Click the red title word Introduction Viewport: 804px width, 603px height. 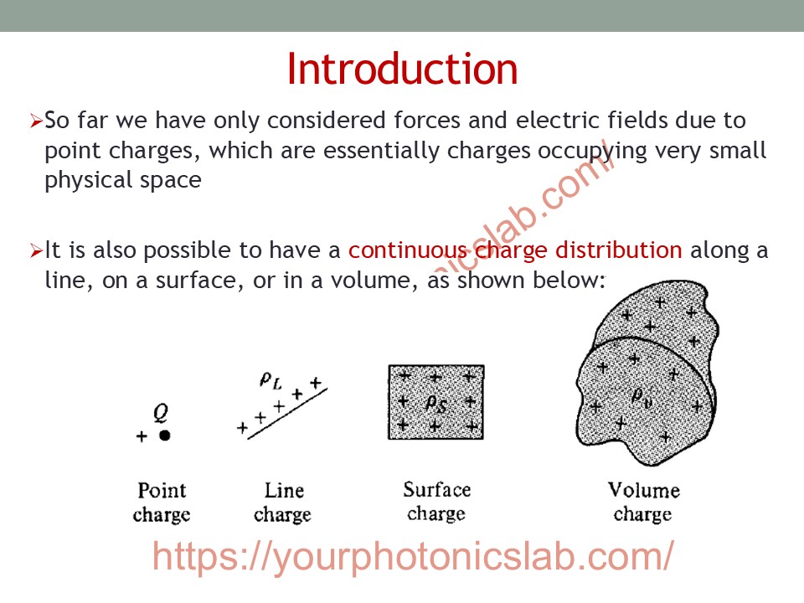(402, 69)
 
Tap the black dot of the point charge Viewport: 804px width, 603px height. (165, 435)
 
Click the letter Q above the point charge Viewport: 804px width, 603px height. (161, 412)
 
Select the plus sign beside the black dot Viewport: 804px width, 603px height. (142, 435)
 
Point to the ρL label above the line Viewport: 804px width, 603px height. (271, 380)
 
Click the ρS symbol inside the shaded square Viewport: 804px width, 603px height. (436, 404)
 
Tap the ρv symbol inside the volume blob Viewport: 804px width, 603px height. (642, 396)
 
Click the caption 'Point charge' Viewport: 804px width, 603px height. (162, 502)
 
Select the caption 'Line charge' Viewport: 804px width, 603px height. (282, 502)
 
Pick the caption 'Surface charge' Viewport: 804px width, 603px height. (437, 501)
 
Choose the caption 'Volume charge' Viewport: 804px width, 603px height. (643, 502)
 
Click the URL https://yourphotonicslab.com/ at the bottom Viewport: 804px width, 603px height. (413, 557)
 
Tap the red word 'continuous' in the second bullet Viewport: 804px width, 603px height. (408, 250)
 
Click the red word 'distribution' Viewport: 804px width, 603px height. (619, 250)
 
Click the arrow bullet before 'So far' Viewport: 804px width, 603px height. (36, 121)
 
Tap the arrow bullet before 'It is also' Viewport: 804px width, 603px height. (36, 250)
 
